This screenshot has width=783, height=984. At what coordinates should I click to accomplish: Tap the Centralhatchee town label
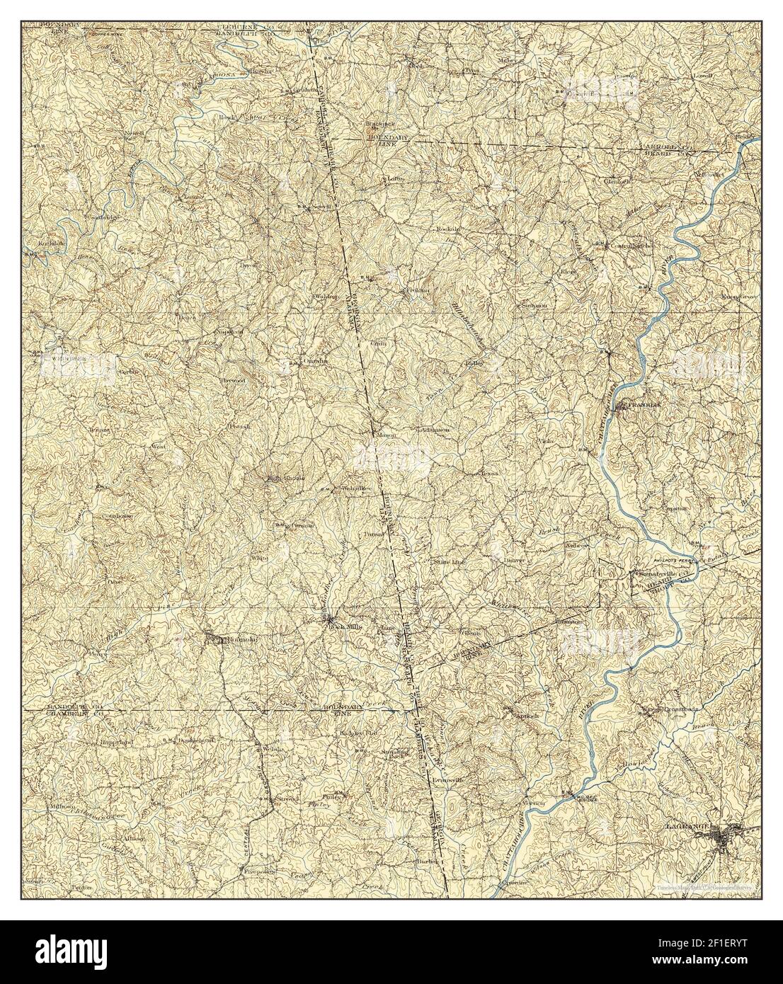[623, 246]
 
